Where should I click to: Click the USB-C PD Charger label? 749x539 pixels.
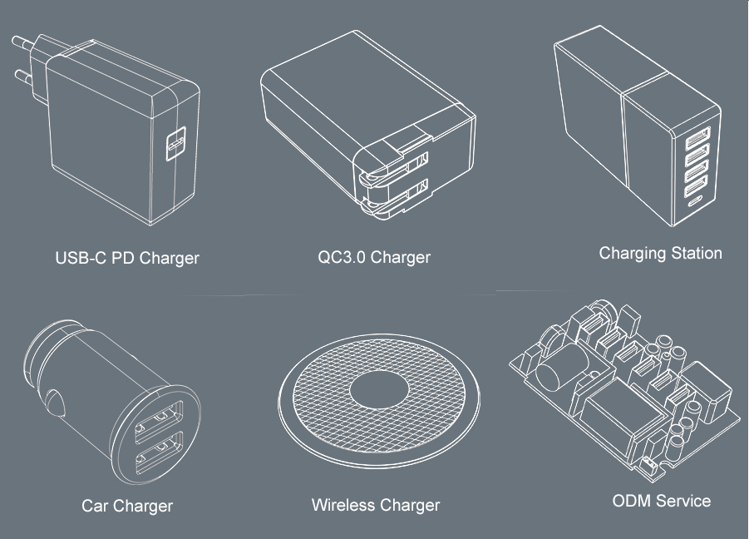tap(127, 258)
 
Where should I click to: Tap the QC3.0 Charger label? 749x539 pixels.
tap(374, 257)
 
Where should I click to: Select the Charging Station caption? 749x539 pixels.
tap(661, 253)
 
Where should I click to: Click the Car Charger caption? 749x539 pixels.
tap(127, 506)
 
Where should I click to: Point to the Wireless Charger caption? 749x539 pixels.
tap(376, 505)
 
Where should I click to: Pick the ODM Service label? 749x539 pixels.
tap(662, 501)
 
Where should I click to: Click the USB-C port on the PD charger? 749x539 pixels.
tap(175, 143)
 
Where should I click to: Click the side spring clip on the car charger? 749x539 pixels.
tap(55, 403)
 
